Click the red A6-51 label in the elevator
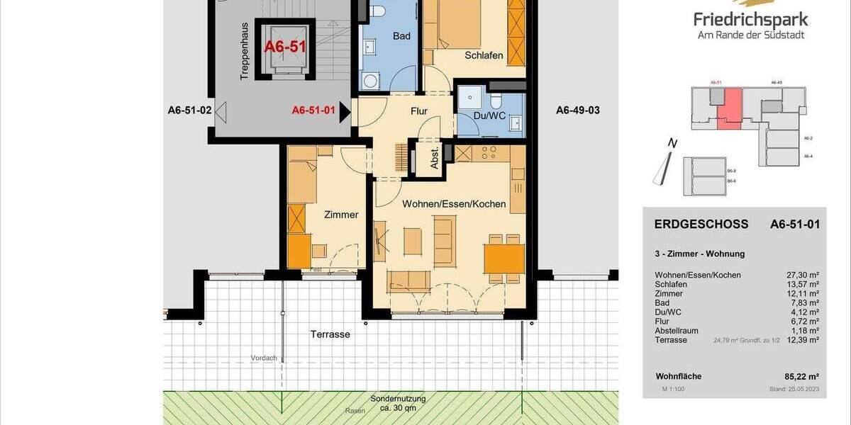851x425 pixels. coord(284,47)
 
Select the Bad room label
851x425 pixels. coord(401,38)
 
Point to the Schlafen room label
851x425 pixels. coord(484,55)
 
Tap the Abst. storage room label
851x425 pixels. coord(435,159)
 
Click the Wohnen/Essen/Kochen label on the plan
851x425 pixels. coord(454,204)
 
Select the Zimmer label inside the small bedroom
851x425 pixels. coord(341,215)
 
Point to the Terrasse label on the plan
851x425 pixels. coord(330,334)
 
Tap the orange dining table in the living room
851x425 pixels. coord(504,259)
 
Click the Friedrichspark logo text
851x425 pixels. coord(751,19)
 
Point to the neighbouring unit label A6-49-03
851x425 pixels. coord(577,110)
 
